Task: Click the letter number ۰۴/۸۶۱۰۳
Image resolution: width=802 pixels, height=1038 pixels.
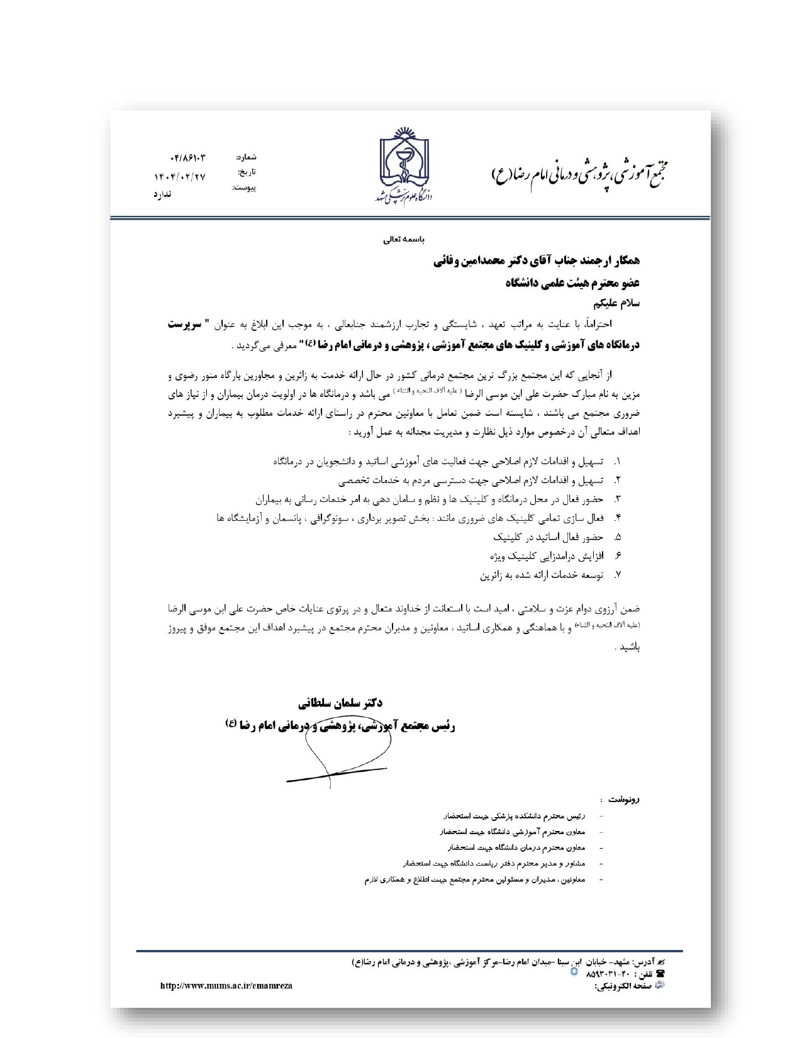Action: pos(187,158)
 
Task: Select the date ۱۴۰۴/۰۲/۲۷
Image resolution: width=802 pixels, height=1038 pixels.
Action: pos(180,177)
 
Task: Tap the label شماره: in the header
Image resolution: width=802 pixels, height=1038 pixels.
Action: pos(247,157)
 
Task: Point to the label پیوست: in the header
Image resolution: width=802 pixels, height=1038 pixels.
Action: pos(244,187)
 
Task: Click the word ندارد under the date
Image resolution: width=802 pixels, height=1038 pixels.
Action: pos(162,194)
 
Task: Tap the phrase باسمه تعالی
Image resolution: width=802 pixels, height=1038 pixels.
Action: pos(404,240)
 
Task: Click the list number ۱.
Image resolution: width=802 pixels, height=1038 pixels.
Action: pos(618,462)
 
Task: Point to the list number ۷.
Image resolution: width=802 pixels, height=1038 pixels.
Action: pos(618,575)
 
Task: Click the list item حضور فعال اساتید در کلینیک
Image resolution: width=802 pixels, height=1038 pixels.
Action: pos(548,537)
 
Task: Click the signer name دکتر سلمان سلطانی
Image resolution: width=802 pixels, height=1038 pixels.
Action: pos(340,703)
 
